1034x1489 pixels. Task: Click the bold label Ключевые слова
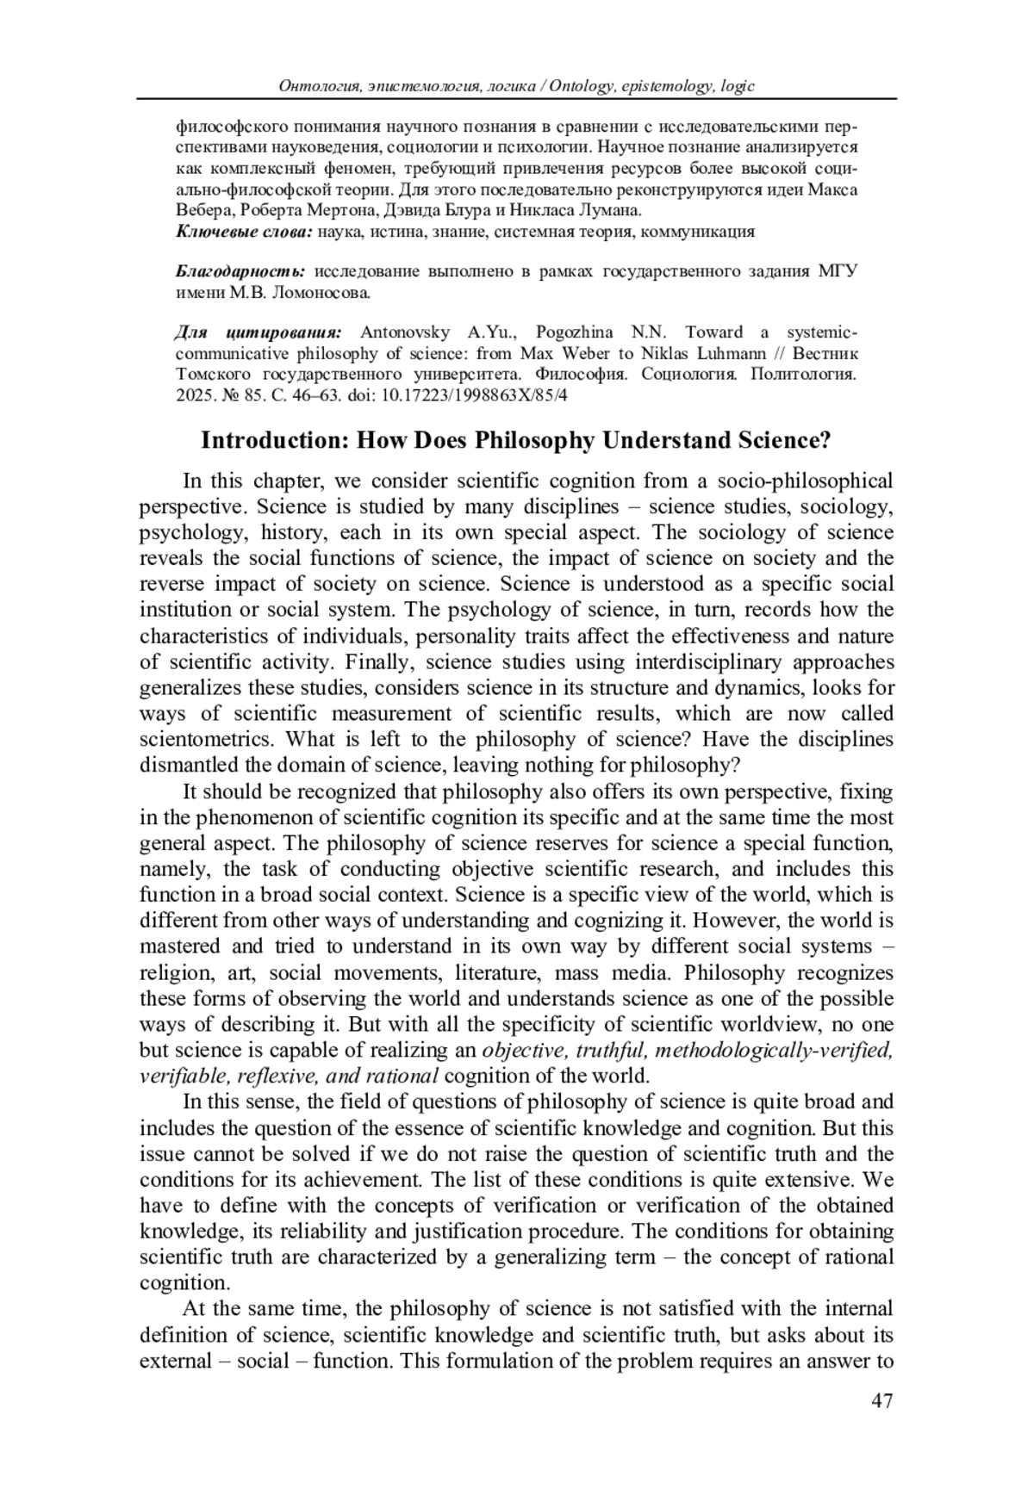pyautogui.click(x=244, y=231)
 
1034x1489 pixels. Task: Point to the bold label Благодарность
pyautogui.click(x=240, y=271)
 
